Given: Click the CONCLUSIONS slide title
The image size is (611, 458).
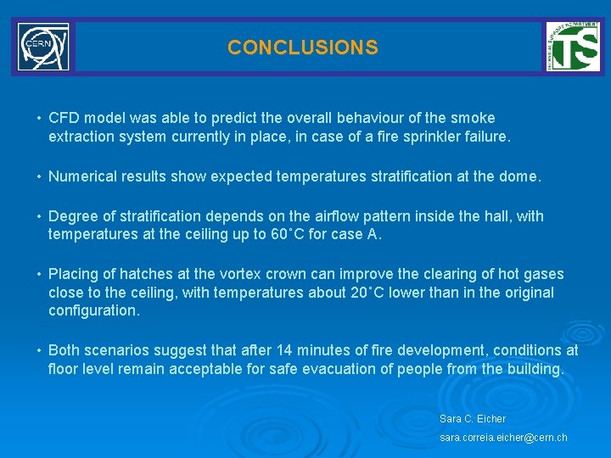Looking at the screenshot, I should pyautogui.click(x=302, y=47).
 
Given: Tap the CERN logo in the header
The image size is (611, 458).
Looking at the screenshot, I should pyautogui.click(x=43, y=47).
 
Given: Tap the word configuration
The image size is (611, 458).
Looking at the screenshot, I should pyautogui.click(x=92, y=310).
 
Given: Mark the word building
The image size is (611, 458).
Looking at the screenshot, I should pyautogui.click(x=535, y=369).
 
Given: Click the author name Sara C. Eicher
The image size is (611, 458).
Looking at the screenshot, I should pyautogui.click(x=473, y=419).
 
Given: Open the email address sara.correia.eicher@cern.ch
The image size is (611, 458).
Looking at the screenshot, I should pyautogui.click(x=503, y=438).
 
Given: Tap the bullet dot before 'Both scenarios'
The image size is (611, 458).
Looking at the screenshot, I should pyautogui.click(x=39, y=350).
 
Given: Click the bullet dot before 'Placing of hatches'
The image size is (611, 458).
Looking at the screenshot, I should pyautogui.click(x=39, y=274).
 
